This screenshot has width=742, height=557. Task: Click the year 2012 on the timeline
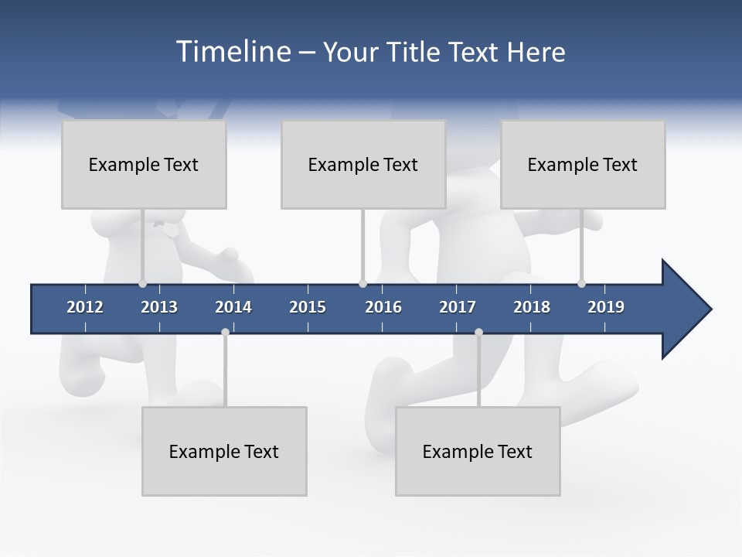point(85,307)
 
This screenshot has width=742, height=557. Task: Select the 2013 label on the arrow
point(159,307)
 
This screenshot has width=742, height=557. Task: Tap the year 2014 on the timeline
point(233,307)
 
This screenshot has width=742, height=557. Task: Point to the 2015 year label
point(308,307)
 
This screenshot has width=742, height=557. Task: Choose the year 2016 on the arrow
point(383,307)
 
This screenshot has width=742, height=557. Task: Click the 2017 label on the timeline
point(458,307)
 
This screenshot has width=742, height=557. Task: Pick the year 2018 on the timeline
point(532,307)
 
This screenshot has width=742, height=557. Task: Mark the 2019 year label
point(606,307)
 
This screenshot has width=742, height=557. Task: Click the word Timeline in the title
point(232,52)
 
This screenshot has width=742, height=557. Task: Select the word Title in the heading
point(415,52)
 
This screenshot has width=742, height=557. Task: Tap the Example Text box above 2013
point(144,164)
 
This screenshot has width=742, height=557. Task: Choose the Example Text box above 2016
point(363,164)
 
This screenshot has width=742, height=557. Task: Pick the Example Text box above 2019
point(583,164)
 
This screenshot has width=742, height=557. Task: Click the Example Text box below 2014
point(224,451)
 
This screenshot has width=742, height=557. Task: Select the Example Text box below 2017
point(478,451)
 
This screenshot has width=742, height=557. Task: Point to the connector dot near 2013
point(142,284)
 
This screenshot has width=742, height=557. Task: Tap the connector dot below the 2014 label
point(225,332)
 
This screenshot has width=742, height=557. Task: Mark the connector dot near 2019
point(581,284)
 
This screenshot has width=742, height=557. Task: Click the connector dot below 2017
point(478,332)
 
